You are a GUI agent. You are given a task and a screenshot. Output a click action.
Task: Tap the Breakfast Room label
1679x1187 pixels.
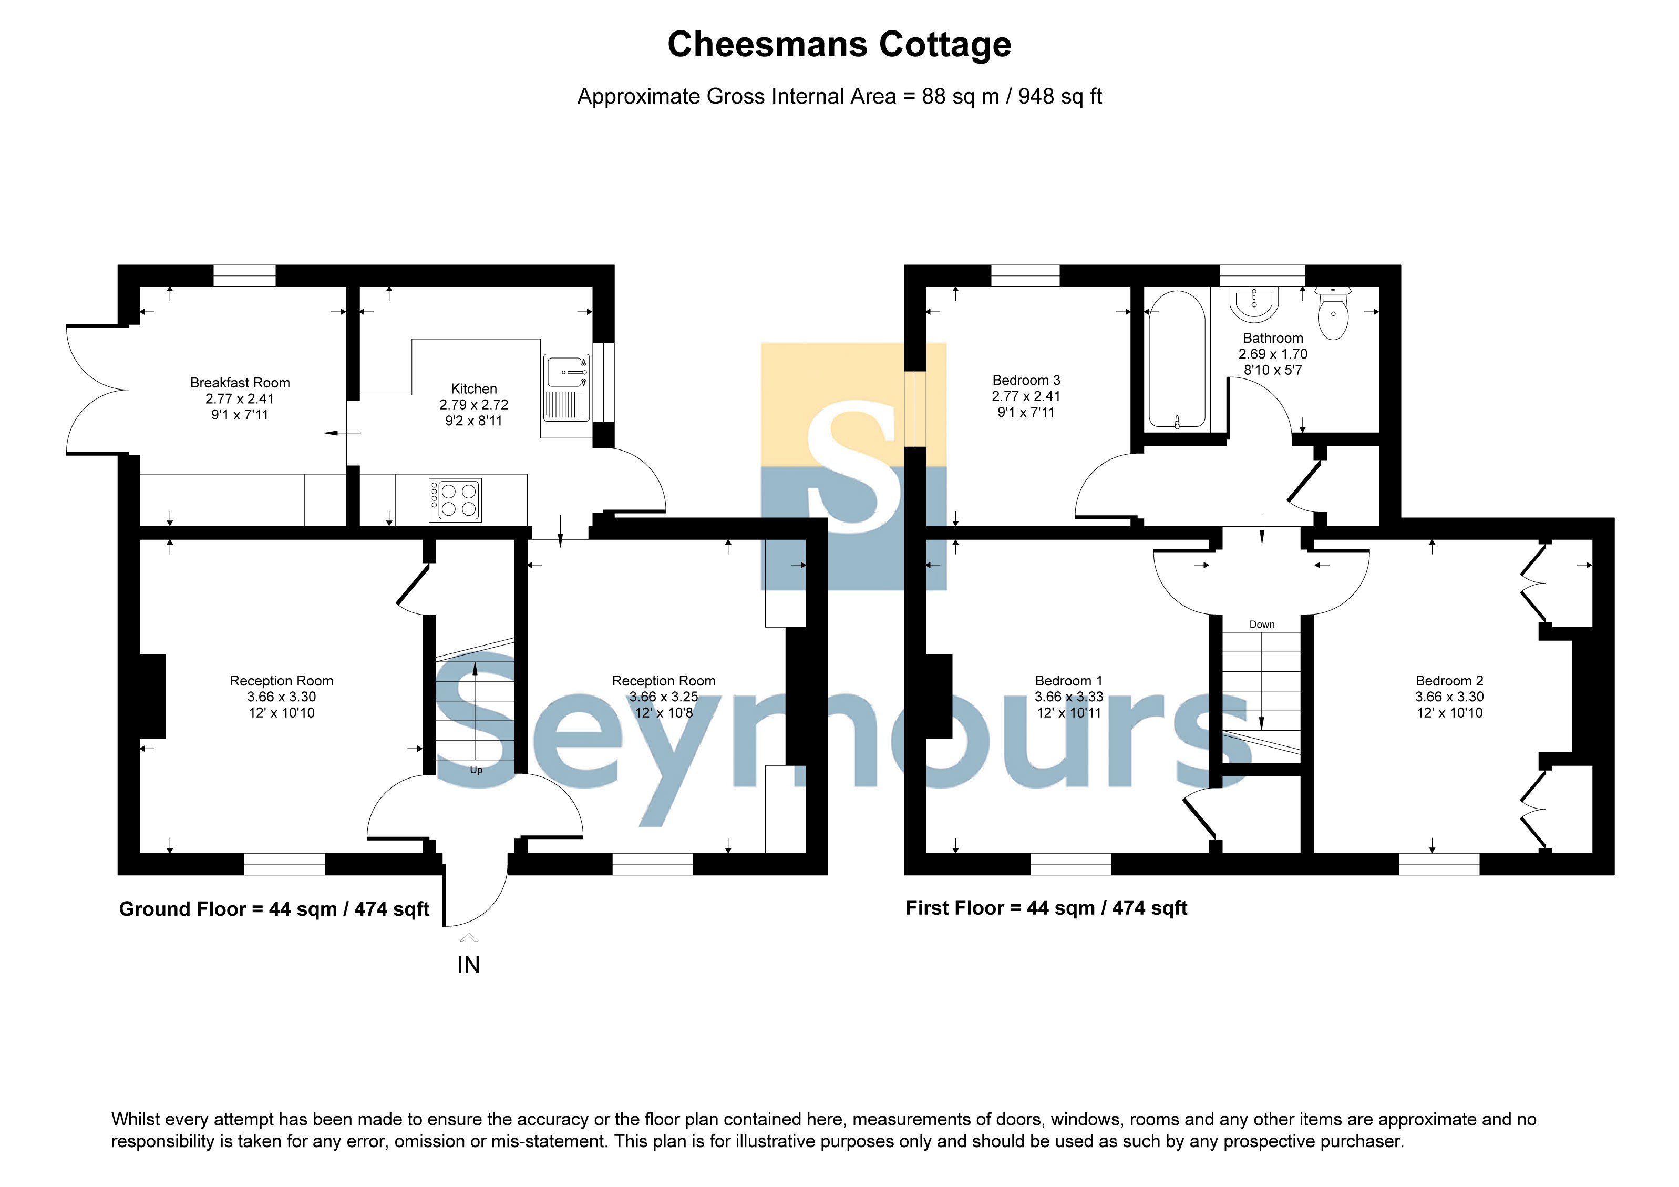240,383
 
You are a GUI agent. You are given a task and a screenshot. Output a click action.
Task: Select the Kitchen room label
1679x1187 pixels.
474,389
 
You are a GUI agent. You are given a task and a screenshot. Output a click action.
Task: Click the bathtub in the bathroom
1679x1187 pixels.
1177,360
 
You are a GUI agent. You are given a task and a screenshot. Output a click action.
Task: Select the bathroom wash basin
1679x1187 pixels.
1254,304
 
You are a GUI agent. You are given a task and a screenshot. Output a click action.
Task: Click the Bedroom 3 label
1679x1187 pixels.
1026,380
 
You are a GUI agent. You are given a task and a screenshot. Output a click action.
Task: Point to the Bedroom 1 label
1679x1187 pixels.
1068,681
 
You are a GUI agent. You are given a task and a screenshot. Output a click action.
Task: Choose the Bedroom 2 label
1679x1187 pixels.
1449,681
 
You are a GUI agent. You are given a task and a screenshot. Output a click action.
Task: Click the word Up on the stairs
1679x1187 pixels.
476,770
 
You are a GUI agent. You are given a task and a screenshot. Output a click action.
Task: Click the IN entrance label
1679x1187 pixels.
469,965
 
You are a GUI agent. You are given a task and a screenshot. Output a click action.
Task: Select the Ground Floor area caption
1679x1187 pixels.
274,909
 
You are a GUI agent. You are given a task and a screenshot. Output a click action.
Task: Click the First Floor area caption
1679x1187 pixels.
1046,908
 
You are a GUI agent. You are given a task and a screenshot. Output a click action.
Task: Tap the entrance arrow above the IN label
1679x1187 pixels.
469,940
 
